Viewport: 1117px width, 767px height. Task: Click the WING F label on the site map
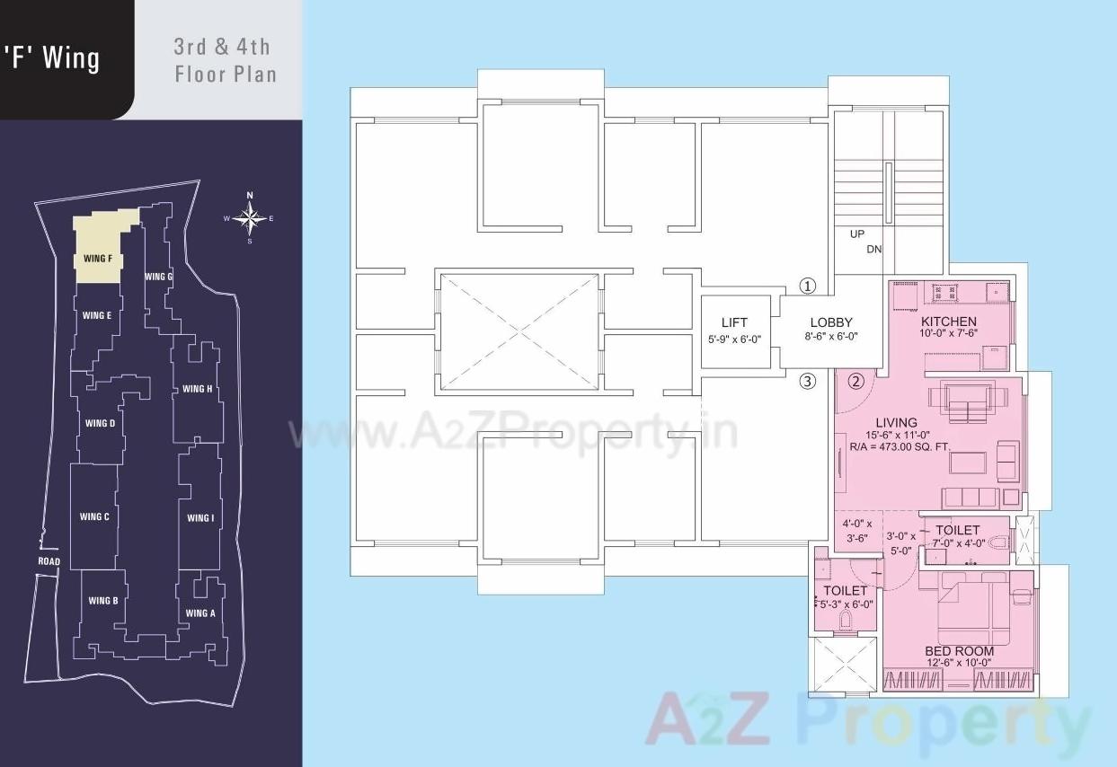point(97,259)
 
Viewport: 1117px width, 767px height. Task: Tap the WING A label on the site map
point(200,613)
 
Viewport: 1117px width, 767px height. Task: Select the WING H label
point(197,389)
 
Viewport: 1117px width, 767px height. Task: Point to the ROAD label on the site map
point(49,562)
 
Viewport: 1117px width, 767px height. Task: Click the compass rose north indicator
point(250,196)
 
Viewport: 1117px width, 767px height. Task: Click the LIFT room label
point(734,323)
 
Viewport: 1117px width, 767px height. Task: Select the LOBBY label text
point(831,323)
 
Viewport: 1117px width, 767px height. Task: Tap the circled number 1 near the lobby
point(808,287)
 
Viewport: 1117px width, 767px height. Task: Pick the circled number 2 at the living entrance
point(855,381)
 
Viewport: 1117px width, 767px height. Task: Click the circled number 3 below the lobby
point(808,381)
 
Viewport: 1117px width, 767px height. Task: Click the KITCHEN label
point(948,322)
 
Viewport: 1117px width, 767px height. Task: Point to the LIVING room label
point(896,422)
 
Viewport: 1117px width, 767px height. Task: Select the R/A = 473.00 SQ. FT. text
point(900,446)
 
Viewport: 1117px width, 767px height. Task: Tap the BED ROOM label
point(959,651)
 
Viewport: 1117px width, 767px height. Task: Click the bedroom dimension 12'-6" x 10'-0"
point(959,663)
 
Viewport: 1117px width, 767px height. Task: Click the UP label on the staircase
point(857,234)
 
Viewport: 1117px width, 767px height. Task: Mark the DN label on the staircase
point(874,249)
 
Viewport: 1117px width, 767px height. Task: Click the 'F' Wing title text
point(52,59)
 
